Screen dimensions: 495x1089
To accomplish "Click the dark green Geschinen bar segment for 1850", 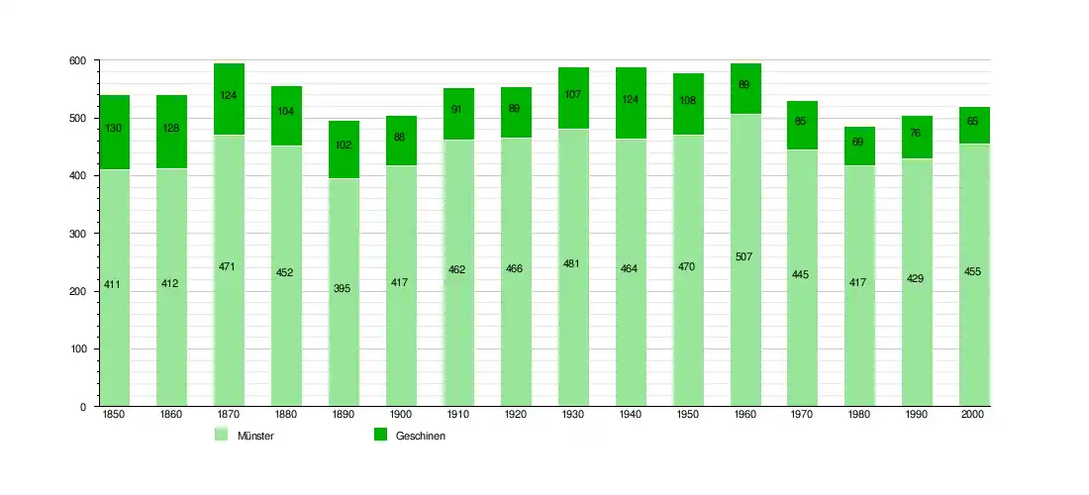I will click(x=114, y=148).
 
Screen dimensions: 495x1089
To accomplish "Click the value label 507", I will click(x=744, y=257).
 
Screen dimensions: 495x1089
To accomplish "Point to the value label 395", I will click(x=343, y=288).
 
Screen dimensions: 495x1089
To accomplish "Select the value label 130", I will click(x=114, y=128).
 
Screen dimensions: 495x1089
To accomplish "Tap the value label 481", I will click(x=572, y=263).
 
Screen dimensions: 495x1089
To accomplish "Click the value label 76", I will click(x=916, y=134).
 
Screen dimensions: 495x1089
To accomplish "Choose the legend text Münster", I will click(x=255, y=437).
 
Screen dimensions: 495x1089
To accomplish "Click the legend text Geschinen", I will click(x=421, y=437).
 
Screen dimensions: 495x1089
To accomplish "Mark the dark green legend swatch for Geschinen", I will click(x=380, y=436).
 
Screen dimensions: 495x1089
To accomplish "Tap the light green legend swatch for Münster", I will click(x=222, y=436).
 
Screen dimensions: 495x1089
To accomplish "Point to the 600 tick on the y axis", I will click(x=78, y=61).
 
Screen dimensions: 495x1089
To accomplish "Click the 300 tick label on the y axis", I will click(x=78, y=235).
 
